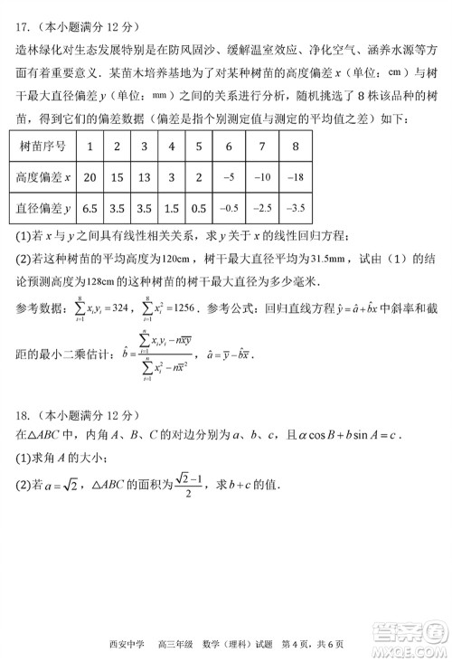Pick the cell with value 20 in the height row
coord(89,177)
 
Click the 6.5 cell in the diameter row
coord(89,208)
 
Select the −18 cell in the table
coord(295,177)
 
